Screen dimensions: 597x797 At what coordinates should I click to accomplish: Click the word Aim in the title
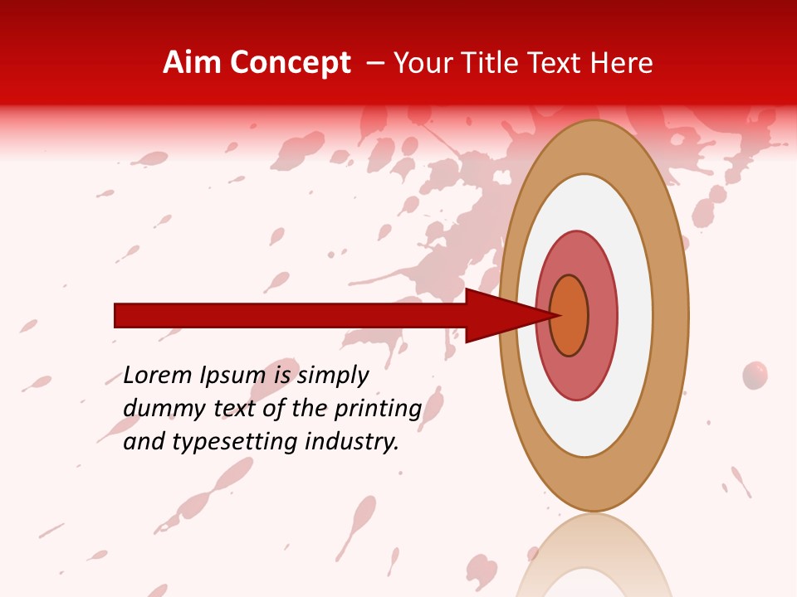point(192,63)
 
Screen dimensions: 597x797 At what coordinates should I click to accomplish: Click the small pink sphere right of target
point(755,375)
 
